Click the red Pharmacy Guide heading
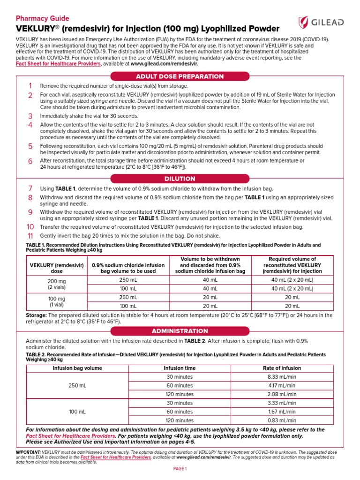click(x=42, y=18)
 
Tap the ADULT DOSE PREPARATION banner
click(x=180, y=76)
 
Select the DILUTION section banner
click(x=180, y=179)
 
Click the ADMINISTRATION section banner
click(x=180, y=331)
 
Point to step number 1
click(x=30, y=86)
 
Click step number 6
click(x=30, y=161)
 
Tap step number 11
click(x=30, y=236)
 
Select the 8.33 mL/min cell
click(x=282, y=377)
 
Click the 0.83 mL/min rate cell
click(x=282, y=420)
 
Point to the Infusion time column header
click(x=180, y=368)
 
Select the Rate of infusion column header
click(x=282, y=368)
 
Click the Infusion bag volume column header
click(x=77, y=368)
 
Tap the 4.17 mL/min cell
click(x=282, y=385)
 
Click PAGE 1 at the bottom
click(x=180, y=469)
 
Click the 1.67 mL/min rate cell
click(x=282, y=412)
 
